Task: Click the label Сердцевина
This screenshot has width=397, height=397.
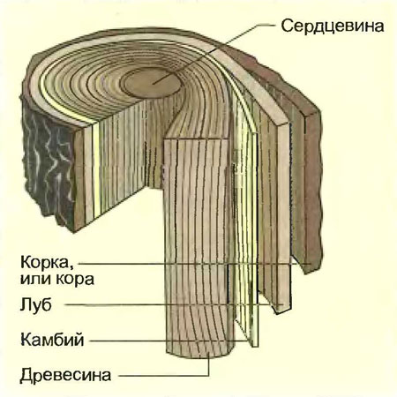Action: (x=333, y=26)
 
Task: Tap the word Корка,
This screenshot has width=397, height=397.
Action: (x=47, y=262)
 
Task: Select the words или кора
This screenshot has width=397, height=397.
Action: (x=57, y=279)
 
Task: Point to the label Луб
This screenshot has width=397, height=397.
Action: (x=36, y=304)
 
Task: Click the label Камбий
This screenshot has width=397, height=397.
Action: (x=52, y=340)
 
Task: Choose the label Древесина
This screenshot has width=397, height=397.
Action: (x=65, y=375)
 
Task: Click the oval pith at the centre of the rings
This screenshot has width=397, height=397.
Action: (x=151, y=83)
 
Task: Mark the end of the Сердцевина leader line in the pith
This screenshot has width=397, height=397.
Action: (x=153, y=84)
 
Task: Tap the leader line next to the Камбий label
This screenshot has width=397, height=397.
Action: (x=170, y=341)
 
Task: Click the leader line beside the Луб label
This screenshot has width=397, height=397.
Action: (x=174, y=305)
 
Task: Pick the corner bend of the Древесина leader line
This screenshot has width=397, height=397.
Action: (x=209, y=376)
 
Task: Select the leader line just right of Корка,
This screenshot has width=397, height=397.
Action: (x=195, y=264)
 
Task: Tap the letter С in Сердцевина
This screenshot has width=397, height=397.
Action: (x=287, y=26)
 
